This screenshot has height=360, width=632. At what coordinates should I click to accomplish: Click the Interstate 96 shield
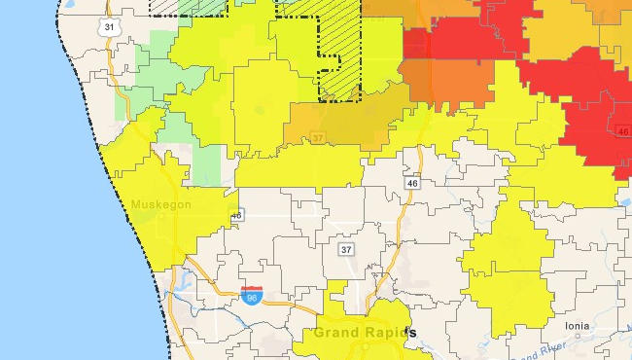click(251, 291)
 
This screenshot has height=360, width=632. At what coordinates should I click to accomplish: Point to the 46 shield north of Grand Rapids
click(412, 182)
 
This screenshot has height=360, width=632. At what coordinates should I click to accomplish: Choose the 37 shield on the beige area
click(346, 250)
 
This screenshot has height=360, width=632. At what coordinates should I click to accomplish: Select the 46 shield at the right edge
click(622, 130)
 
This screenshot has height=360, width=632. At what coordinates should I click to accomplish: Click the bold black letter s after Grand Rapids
click(412, 333)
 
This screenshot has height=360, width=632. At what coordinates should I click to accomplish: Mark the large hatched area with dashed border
click(350, 49)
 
